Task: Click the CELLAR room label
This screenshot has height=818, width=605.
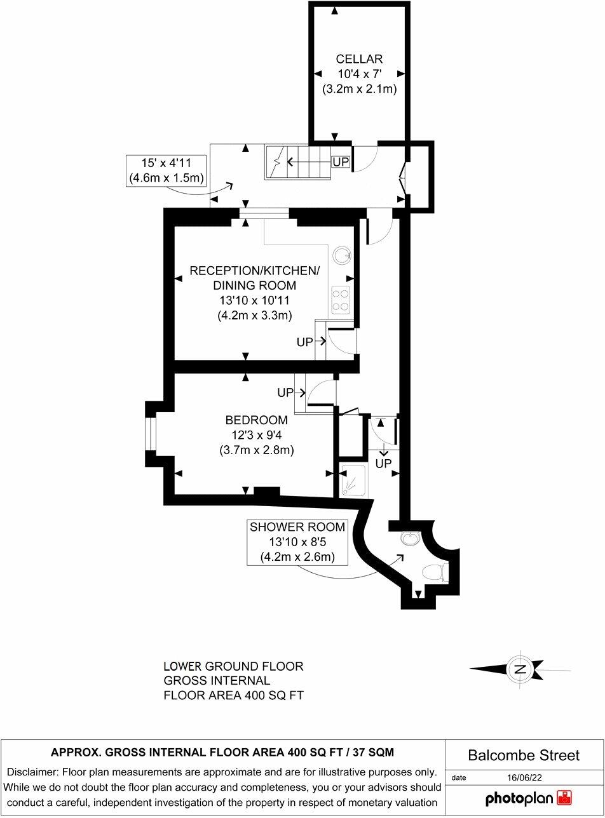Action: click(x=359, y=60)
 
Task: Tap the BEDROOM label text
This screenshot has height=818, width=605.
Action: click(x=256, y=420)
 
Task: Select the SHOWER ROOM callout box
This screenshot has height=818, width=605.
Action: click(x=297, y=542)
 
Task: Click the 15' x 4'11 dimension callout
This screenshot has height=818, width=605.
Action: click(x=166, y=171)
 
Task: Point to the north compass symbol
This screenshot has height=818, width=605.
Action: click(x=520, y=669)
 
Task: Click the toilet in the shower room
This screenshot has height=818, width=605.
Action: click(x=434, y=572)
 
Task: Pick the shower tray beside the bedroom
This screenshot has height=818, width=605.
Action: click(x=353, y=479)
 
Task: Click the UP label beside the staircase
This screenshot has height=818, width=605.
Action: click(x=341, y=162)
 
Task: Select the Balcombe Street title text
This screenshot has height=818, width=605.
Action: click(x=524, y=755)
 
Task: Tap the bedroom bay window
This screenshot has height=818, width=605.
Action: click(x=150, y=434)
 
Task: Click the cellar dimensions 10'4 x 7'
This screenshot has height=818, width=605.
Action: click(x=359, y=74)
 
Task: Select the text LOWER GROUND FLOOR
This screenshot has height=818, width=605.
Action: click(x=233, y=667)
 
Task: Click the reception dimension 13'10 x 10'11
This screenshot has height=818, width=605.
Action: click(x=254, y=300)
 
